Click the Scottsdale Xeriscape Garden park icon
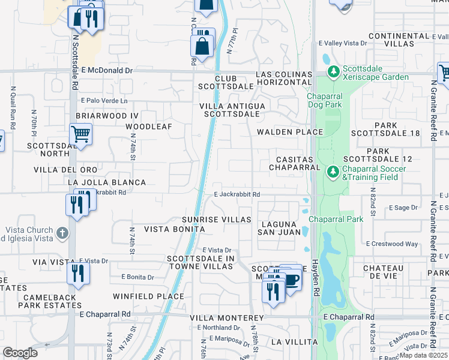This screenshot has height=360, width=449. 333,72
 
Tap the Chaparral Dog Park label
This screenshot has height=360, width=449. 333,101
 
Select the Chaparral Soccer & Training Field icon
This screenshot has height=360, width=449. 333,172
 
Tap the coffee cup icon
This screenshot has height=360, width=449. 292,279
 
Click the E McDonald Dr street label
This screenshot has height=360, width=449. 106,70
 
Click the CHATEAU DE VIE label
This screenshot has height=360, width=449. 386,272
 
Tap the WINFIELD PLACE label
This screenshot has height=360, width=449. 148,296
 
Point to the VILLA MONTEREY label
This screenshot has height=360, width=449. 227,317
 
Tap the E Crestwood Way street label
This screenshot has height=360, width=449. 392,244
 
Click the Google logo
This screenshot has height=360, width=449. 20,353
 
